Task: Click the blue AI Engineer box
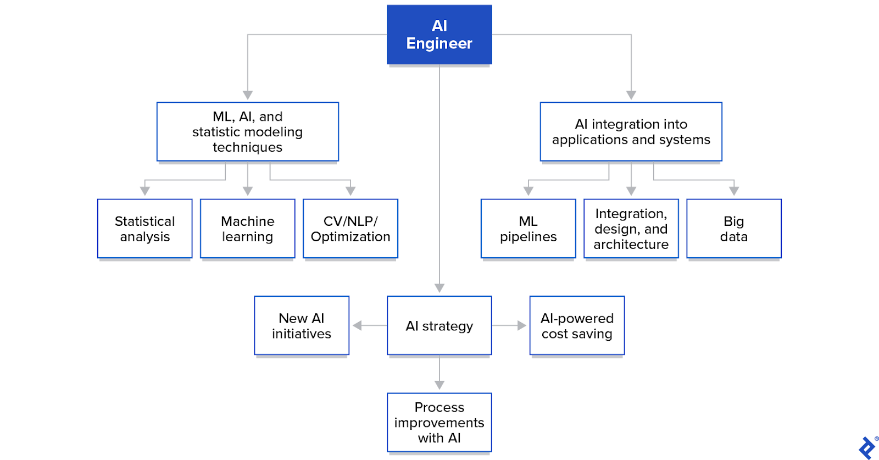(439, 35)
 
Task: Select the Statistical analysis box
(144, 229)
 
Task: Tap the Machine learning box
(247, 229)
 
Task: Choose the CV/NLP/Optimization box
(350, 229)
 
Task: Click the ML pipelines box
(528, 229)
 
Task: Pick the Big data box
(733, 229)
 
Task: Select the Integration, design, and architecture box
(631, 229)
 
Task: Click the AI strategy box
(439, 325)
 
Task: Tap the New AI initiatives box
(302, 325)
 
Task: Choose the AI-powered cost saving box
(577, 325)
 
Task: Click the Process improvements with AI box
(439, 422)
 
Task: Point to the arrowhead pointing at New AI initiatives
(357, 325)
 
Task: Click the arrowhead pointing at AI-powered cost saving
(522, 325)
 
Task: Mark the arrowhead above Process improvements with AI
(439, 385)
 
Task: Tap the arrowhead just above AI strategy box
(439, 288)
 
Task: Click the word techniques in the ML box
(247, 147)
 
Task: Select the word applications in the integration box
(586, 140)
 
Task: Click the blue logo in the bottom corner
(867, 447)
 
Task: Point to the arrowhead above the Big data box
(733, 191)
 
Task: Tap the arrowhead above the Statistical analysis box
(144, 191)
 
